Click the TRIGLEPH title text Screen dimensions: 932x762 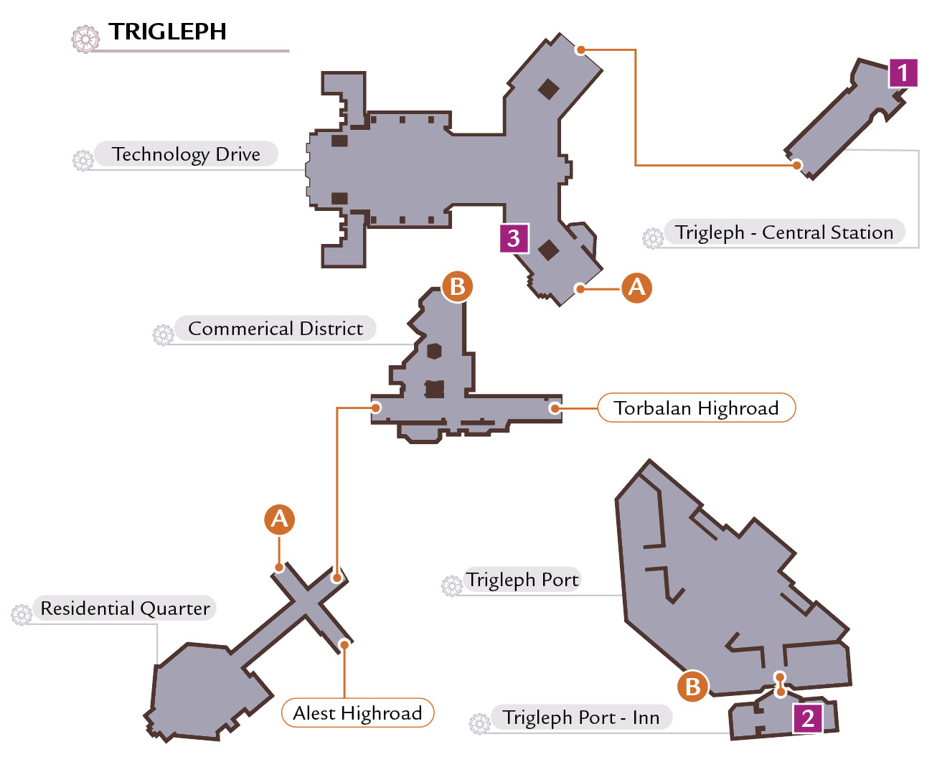point(167,32)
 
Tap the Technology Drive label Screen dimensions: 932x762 point(186,154)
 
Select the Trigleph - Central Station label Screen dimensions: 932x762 point(784,232)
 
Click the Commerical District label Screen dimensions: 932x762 point(276,328)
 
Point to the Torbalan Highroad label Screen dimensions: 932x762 point(697,408)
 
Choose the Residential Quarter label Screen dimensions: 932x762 point(125,608)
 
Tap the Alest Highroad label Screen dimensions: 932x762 point(357,712)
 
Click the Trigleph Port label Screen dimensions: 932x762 point(523,580)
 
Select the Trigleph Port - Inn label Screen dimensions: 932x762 point(581,717)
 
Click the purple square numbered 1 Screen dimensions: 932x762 point(903,72)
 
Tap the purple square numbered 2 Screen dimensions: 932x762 point(808,718)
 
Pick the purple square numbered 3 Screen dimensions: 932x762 point(514,239)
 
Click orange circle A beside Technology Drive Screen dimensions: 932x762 point(636,288)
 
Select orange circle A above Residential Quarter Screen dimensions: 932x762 point(279,519)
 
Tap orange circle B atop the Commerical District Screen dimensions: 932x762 point(457,287)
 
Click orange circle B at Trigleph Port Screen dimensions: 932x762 point(693,687)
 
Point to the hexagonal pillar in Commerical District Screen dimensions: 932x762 point(434,351)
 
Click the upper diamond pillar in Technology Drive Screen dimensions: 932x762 point(548,89)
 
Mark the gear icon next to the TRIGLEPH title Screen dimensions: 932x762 point(85,39)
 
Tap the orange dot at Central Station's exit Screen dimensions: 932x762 point(796,165)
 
